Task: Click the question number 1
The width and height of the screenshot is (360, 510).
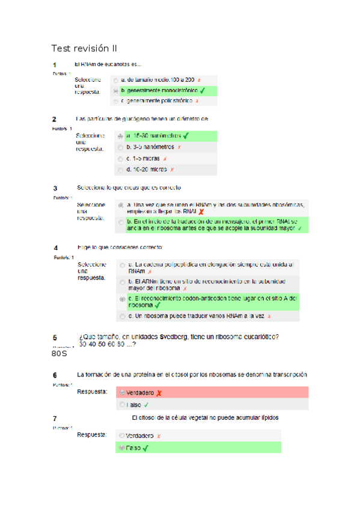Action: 55,65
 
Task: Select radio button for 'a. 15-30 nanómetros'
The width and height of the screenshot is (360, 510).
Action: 120,136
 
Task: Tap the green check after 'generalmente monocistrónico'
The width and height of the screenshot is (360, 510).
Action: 203,91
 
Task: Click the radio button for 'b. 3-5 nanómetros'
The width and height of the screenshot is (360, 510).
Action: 120,147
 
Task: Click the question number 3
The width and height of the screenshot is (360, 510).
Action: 55,188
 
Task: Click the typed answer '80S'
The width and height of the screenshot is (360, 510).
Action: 59,353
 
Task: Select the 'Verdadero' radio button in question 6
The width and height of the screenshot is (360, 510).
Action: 122,393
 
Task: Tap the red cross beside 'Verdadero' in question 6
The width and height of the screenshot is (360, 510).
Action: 159,393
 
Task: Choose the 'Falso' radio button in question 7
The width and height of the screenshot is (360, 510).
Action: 122,447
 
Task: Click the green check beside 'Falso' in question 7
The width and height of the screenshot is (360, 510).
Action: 145,447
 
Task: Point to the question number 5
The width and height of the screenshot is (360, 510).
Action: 55,338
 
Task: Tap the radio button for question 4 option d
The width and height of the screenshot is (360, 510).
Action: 123,316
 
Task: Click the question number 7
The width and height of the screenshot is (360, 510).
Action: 55,418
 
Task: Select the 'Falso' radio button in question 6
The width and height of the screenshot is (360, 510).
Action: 122,405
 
